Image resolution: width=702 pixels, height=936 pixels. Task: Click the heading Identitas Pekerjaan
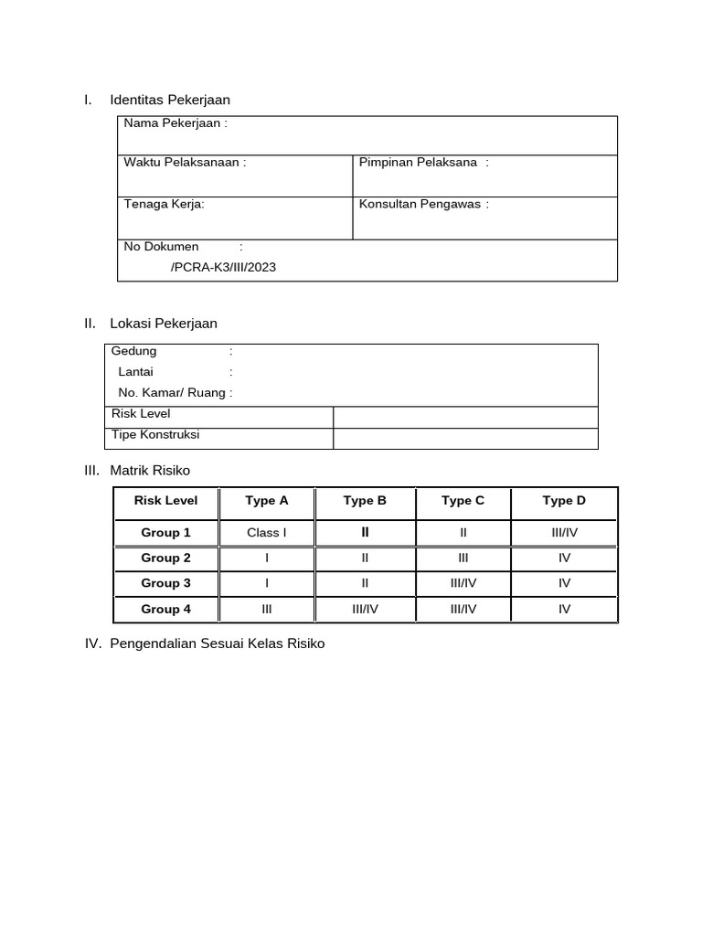(169, 100)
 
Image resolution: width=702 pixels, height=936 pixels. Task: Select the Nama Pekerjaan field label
(175, 123)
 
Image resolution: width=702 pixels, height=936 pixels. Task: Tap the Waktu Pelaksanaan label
(185, 163)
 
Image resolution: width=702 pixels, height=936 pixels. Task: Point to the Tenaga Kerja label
(165, 204)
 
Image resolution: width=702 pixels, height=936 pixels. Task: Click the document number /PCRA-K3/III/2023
(223, 267)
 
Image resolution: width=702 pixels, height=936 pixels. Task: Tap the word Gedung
(134, 351)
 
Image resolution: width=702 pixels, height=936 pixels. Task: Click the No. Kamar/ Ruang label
(175, 393)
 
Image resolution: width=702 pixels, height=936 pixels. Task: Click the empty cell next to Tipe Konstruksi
(465, 439)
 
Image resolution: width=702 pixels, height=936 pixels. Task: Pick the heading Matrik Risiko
(150, 470)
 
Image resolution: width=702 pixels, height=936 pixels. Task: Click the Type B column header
(365, 500)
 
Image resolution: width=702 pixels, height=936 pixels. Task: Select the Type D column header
(564, 500)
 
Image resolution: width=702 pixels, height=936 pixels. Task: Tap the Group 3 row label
(166, 583)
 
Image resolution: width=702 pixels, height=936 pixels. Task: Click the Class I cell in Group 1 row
(267, 532)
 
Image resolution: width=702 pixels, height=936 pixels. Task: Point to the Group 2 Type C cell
(463, 558)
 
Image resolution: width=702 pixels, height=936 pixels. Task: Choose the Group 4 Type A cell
(267, 609)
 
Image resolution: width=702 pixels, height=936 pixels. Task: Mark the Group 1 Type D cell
(564, 532)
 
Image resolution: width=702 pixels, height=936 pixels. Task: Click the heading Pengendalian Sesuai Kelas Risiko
(217, 643)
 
